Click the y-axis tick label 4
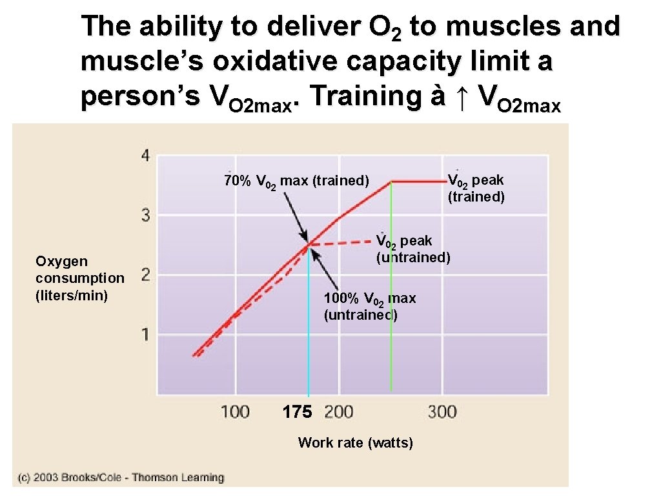(x=145, y=156)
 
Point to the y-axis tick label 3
(x=146, y=215)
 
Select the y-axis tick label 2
(x=146, y=275)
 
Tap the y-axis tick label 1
(x=146, y=335)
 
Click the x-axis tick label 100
(x=235, y=411)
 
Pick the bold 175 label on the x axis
(x=297, y=412)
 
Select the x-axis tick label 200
(x=339, y=411)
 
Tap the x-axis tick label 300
(x=442, y=411)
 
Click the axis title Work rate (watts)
(x=355, y=442)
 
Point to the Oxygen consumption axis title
(x=79, y=278)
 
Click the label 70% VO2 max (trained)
(x=296, y=181)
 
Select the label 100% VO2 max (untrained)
(x=369, y=307)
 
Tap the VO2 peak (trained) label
(x=476, y=188)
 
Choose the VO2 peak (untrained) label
(x=413, y=249)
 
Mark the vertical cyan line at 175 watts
(x=309, y=323)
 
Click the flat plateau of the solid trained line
(x=416, y=182)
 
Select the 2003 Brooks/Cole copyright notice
(x=121, y=478)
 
